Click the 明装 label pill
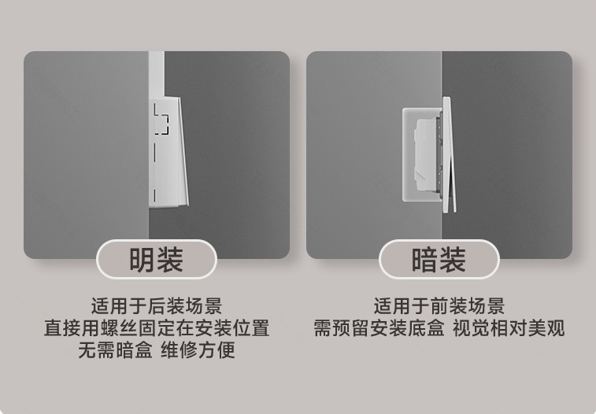tap(157, 260)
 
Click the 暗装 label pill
tap(439, 260)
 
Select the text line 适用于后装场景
tap(157, 306)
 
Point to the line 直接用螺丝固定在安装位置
tap(157, 328)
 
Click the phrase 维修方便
tap(198, 350)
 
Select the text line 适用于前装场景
tap(439, 306)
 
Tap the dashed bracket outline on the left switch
tap(161, 118)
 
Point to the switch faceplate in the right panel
tap(447, 153)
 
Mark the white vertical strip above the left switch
tap(156, 75)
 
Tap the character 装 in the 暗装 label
tap(453, 260)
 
